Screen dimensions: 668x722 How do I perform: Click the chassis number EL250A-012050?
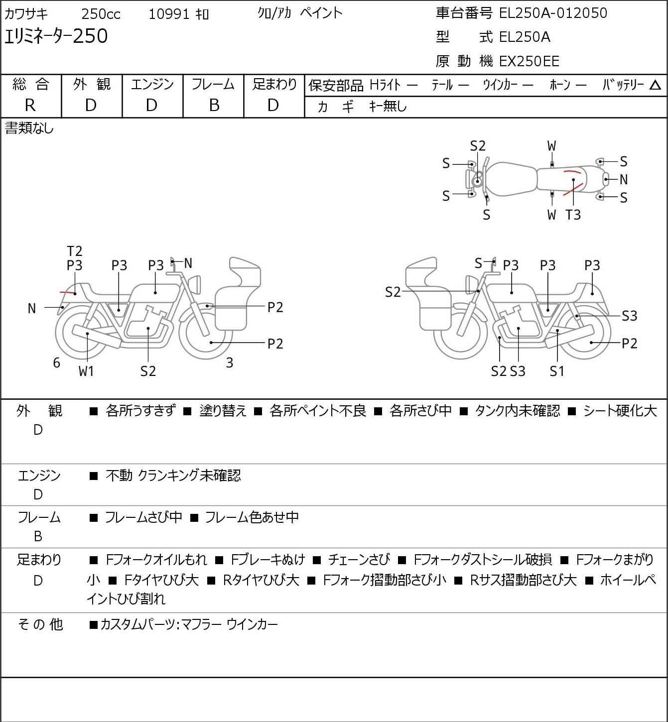pos(553,13)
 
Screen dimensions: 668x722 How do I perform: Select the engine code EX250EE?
pos(529,61)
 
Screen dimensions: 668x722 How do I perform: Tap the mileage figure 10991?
pos(169,14)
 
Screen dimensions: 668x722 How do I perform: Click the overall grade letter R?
pos(30,106)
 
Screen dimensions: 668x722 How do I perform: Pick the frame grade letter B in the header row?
pos(214,106)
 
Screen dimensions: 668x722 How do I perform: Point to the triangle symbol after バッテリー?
pos(655,85)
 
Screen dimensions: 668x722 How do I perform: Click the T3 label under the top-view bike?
pos(573,215)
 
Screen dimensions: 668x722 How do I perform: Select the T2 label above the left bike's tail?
pos(75,251)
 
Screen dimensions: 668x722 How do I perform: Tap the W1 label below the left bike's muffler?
pos(86,371)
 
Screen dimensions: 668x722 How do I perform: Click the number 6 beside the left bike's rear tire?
pos(56,362)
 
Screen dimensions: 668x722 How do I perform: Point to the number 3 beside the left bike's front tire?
pos(229,362)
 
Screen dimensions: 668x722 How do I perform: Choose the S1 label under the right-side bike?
pos(557,371)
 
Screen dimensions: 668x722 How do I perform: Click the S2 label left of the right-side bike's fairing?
pos(393,292)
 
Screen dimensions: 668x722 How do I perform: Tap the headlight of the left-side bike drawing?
pos(195,285)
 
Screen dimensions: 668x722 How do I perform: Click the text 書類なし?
pos(29,128)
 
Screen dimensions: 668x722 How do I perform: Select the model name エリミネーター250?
pos(56,36)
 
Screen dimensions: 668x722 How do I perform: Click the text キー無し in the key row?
pos(388,106)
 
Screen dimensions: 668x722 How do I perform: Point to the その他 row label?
pos(40,624)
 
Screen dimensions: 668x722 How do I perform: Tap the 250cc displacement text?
pos(101,14)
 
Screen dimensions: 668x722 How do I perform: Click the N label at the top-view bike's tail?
pos(624,179)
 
